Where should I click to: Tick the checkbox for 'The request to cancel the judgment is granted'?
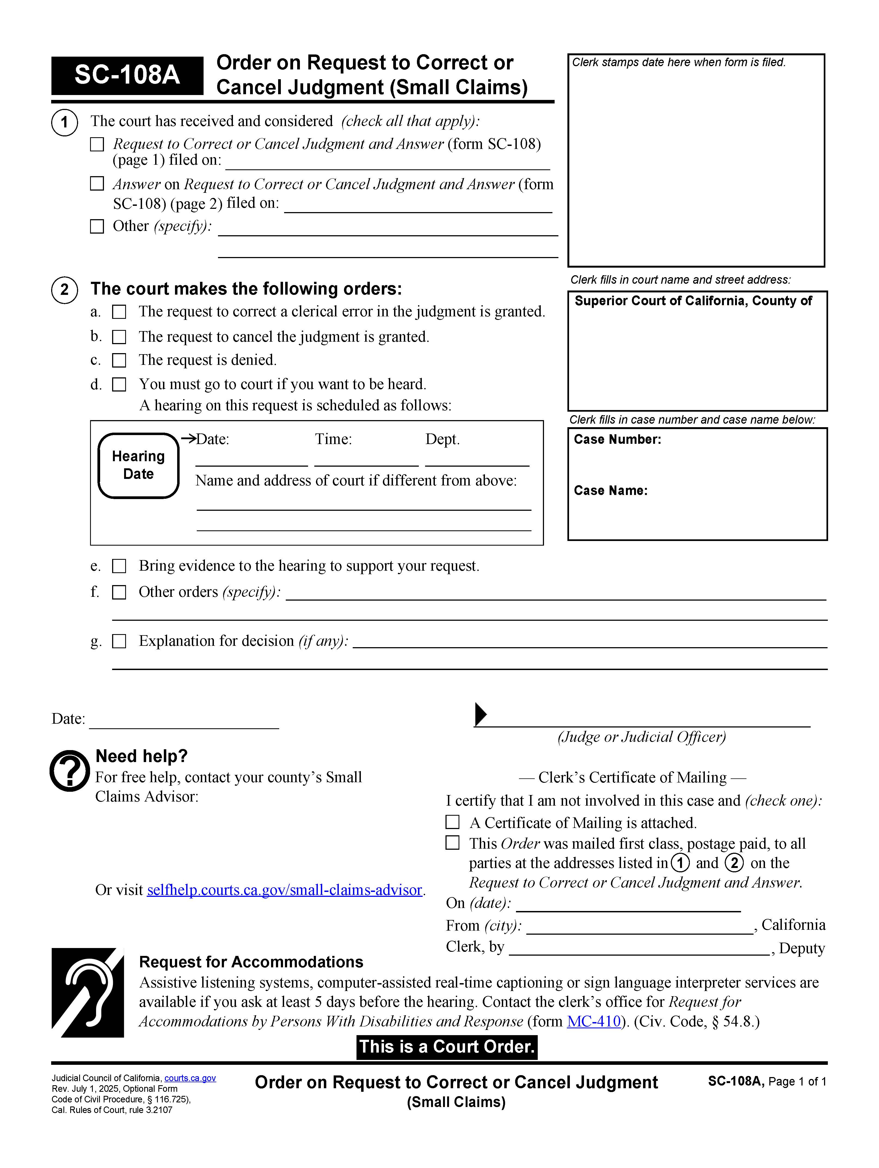pos(119,337)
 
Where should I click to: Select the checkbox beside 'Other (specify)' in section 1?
pos(97,227)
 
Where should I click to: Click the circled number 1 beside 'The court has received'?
pos(64,123)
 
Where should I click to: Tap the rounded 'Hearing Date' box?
pos(138,465)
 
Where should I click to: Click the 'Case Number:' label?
pos(617,439)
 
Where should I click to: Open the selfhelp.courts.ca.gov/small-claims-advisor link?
pos(284,890)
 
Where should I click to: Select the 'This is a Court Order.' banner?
pos(447,1047)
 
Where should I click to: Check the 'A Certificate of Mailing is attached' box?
pos(453,822)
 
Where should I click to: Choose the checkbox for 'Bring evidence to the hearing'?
pos(119,566)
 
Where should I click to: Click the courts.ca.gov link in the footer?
pos(190,1078)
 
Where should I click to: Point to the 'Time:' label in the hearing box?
pos(333,439)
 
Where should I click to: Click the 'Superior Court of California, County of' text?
pos(693,301)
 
